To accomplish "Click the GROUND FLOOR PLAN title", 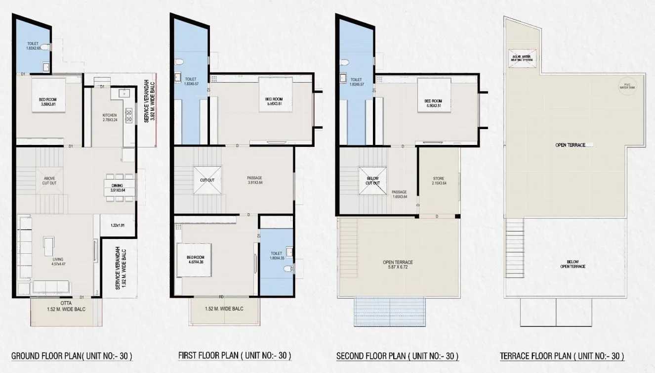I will click(x=72, y=356).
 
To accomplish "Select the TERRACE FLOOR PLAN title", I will click(x=562, y=356).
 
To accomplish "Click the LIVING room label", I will click(x=58, y=259).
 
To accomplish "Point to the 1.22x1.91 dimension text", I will click(x=117, y=225).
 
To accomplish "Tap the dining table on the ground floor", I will click(x=119, y=187).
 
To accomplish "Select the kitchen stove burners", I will click(x=130, y=116).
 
